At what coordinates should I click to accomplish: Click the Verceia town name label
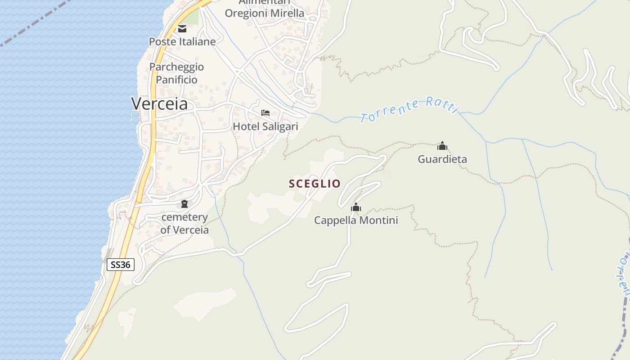point(159,104)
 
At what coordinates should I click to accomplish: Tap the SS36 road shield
point(121,265)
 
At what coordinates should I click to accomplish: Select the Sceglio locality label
point(315,184)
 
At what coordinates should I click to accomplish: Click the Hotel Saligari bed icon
point(265,112)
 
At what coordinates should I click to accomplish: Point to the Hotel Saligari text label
point(265,126)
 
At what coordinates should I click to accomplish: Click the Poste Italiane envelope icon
point(182,29)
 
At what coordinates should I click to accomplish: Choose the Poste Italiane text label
point(182,41)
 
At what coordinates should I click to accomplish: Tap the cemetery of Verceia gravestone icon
point(184,204)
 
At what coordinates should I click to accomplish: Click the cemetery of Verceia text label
point(184,223)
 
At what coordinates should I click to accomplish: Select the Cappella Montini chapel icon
point(356,207)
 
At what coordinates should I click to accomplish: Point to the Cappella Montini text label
point(356,220)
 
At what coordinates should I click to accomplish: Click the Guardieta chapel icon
point(442,146)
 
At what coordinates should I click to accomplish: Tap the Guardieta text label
point(442,159)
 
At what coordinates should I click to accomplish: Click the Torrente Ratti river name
point(409,110)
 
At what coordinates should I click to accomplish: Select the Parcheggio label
point(176,67)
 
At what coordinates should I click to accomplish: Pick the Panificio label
point(176,80)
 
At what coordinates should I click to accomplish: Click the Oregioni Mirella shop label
point(265,13)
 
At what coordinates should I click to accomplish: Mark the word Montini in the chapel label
point(382,220)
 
